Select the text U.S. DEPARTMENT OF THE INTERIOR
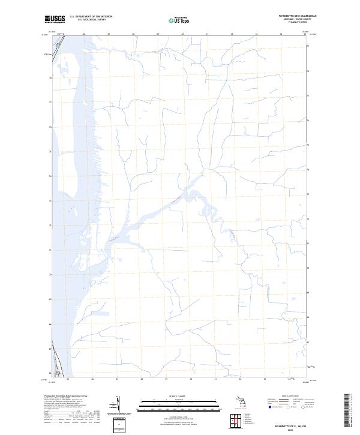[91, 17]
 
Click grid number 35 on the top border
[306, 34]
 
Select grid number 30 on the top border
[182, 34]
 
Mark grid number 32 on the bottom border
[240, 379]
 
